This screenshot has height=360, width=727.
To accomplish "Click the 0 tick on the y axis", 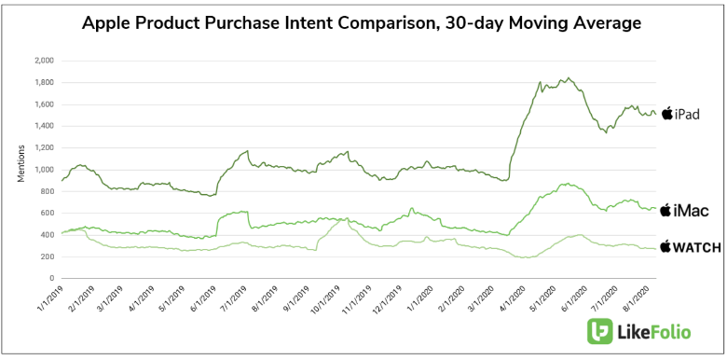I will [x=51, y=279].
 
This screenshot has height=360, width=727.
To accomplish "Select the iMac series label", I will [x=693, y=212].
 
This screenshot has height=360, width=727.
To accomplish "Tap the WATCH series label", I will [x=693, y=247].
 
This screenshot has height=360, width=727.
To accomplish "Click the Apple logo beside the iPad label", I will [x=666, y=114].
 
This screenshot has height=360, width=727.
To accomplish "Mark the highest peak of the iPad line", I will [x=569, y=78].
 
